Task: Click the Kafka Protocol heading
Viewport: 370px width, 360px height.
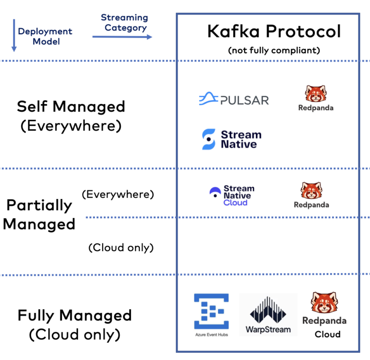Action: [x=273, y=31]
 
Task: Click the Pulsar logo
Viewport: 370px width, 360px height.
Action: [x=234, y=99]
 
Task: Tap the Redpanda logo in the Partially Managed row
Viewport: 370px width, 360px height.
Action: [x=311, y=195]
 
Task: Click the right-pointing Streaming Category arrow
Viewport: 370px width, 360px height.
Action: [x=122, y=37]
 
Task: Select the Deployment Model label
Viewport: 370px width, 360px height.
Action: [x=45, y=36]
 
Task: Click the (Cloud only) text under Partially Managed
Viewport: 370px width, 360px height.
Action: [x=121, y=248]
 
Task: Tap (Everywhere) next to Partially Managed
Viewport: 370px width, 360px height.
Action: [x=117, y=194]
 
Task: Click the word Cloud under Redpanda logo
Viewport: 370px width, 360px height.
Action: [x=327, y=334]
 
